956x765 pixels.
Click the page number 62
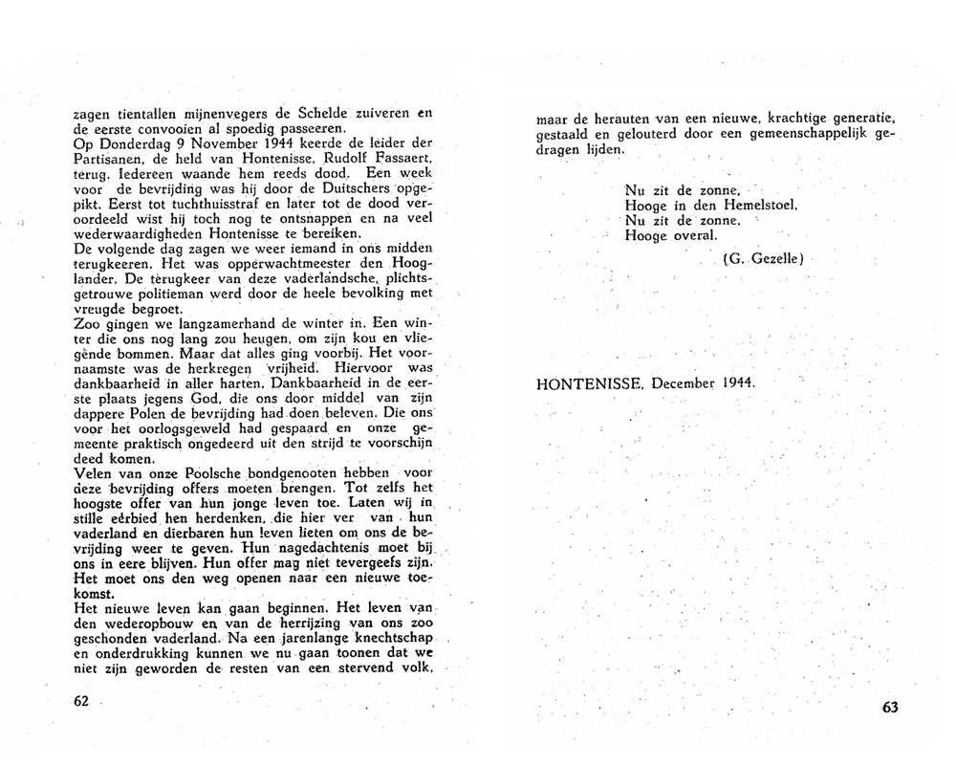[80, 700]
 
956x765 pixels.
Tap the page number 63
[889, 708]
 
